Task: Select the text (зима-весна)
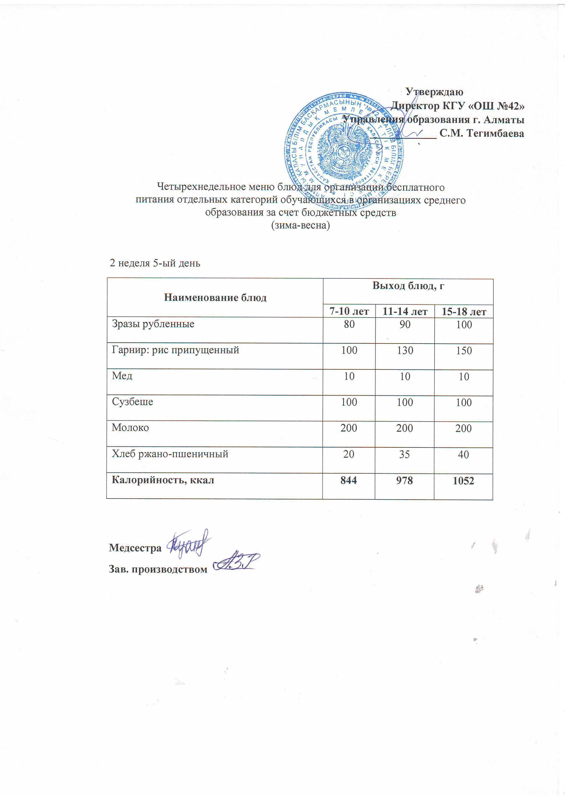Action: coord(300,225)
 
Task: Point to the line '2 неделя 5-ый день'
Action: coord(155,263)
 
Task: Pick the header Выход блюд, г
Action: coord(409,286)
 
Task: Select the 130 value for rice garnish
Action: coord(405,351)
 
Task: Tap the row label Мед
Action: coord(122,376)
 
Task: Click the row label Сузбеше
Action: coord(132,402)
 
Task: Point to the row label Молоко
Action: coord(130,428)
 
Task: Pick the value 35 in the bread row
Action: coord(405,454)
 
